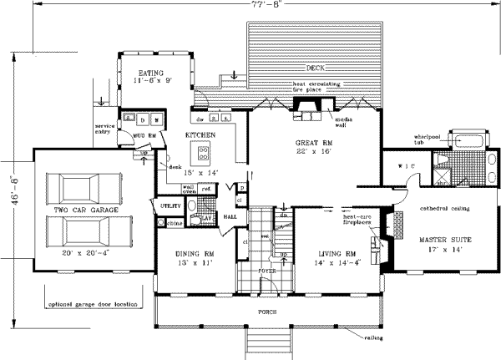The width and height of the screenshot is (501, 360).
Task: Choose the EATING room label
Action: coord(151,73)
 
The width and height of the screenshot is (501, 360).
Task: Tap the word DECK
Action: coord(315,68)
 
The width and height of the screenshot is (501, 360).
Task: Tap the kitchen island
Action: coord(203,152)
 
